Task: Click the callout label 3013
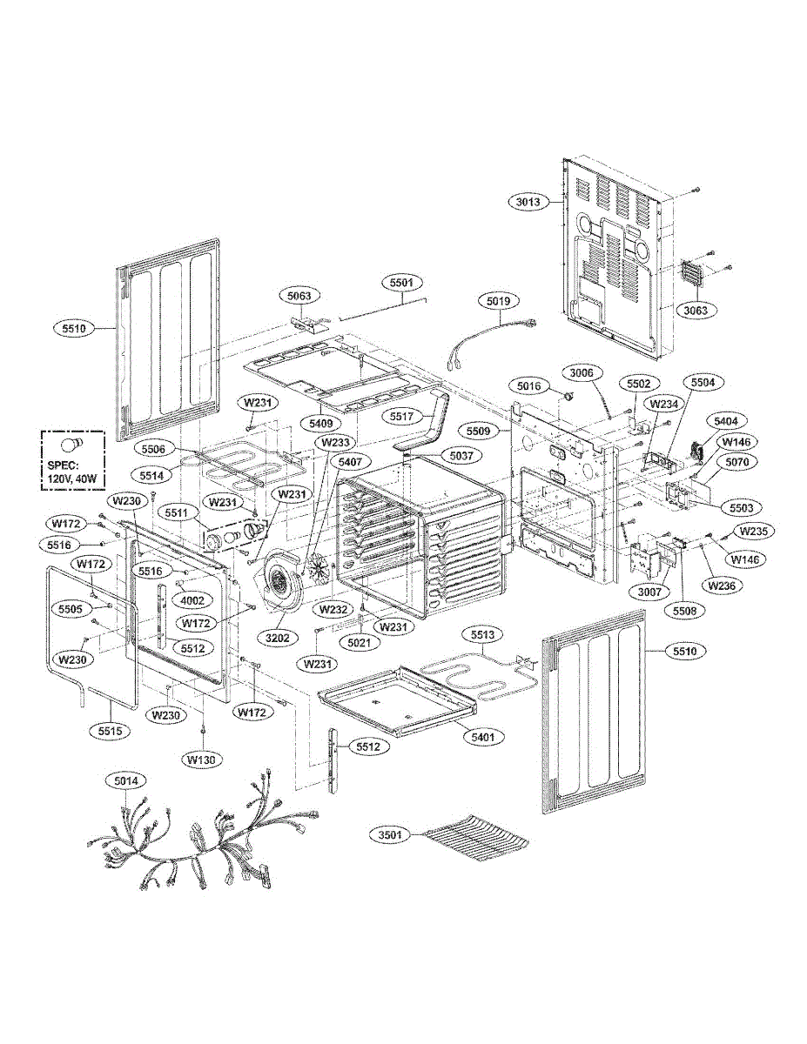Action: click(x=528, y=202)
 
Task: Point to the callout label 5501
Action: click(x=401, y=283)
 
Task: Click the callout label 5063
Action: click(x=299, y=296)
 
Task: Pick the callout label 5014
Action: click(x=126, y=781)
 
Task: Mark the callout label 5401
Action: click(x=484, y=736)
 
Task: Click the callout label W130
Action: click(x=202, y=759)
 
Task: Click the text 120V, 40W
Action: click(x=73, y=478)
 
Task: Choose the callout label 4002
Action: click(x=192, y=601)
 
